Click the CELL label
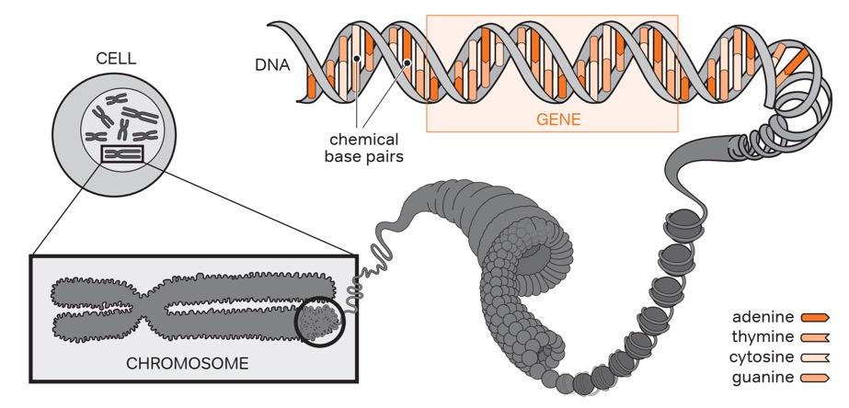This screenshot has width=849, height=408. tap(116, 59)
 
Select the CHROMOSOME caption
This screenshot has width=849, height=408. tap(187, 363)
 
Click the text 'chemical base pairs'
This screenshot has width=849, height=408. tap(364, 148)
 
